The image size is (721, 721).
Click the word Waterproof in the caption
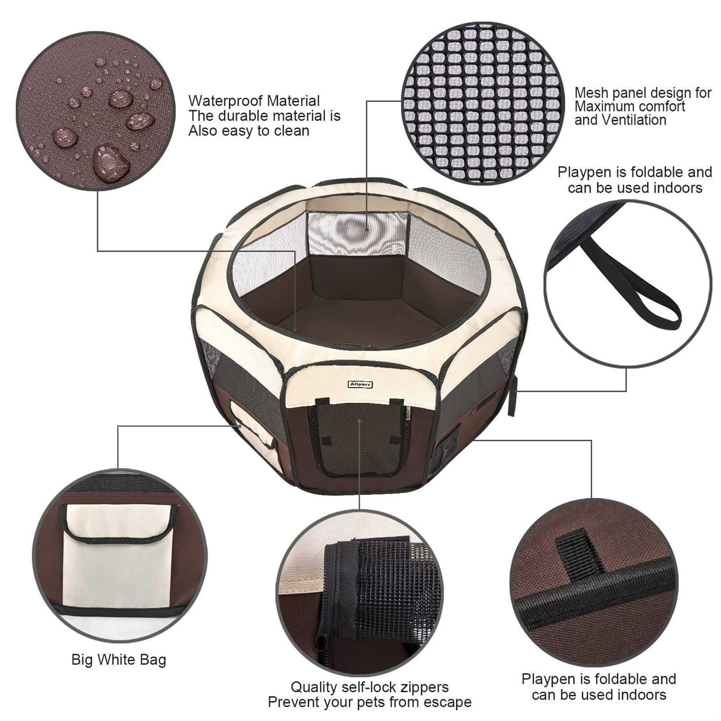[x=225, y=101]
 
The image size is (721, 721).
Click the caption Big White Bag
[x=119, y=659]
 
